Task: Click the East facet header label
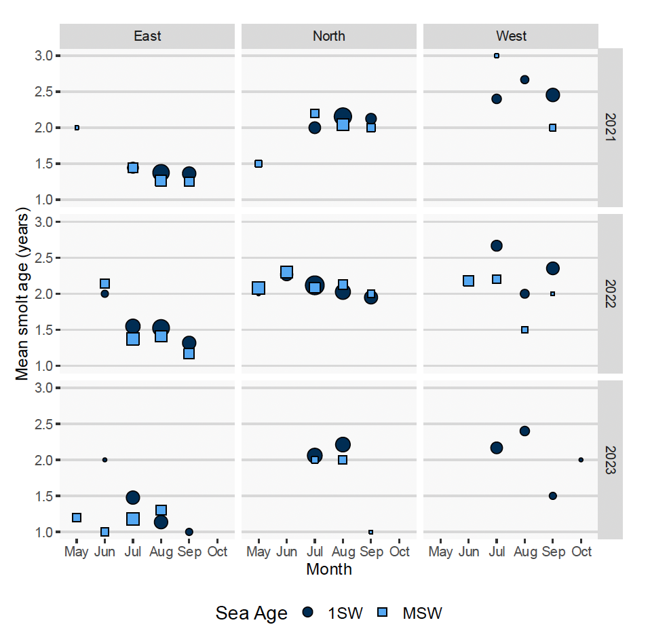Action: click(147, 36)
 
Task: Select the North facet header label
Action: click(329, 36)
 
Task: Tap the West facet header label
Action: click(511, 36)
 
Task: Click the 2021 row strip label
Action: click(611, 128)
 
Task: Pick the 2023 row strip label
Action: click(611, 460)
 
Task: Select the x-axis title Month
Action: click(329, 569)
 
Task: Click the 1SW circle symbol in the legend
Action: click(309, 613)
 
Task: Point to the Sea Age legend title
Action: click(251, 613)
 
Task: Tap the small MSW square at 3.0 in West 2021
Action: click(497, 56)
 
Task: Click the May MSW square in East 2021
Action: click(77, 128)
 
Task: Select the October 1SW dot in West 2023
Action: click(581, 460)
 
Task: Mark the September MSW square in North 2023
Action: click(371, 532)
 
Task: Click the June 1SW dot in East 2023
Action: click(104, 460)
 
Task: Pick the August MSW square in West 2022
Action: click(524, 329)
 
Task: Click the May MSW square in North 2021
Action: click(259, 164)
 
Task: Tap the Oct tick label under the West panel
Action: click(581, 552)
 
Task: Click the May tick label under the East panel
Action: click(77, 552)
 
